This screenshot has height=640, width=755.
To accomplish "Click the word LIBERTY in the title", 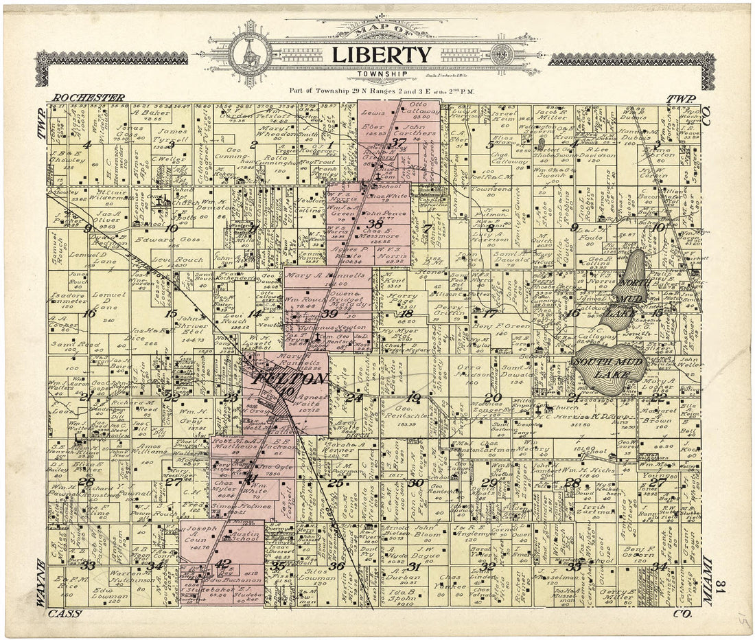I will tap(382, 55).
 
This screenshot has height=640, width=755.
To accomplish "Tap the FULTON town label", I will tap(281, 378).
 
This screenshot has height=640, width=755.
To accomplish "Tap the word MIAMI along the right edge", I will tap(707, 581).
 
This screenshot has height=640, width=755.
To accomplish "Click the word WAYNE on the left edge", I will tap(41, 583).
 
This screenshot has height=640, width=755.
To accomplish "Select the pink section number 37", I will tap(399, 143).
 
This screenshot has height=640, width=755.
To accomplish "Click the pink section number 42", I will tap(222, 564).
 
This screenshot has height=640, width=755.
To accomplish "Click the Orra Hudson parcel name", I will tap(472, 371).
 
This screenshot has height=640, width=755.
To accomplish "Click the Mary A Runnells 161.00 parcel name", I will tap(327, 279).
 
